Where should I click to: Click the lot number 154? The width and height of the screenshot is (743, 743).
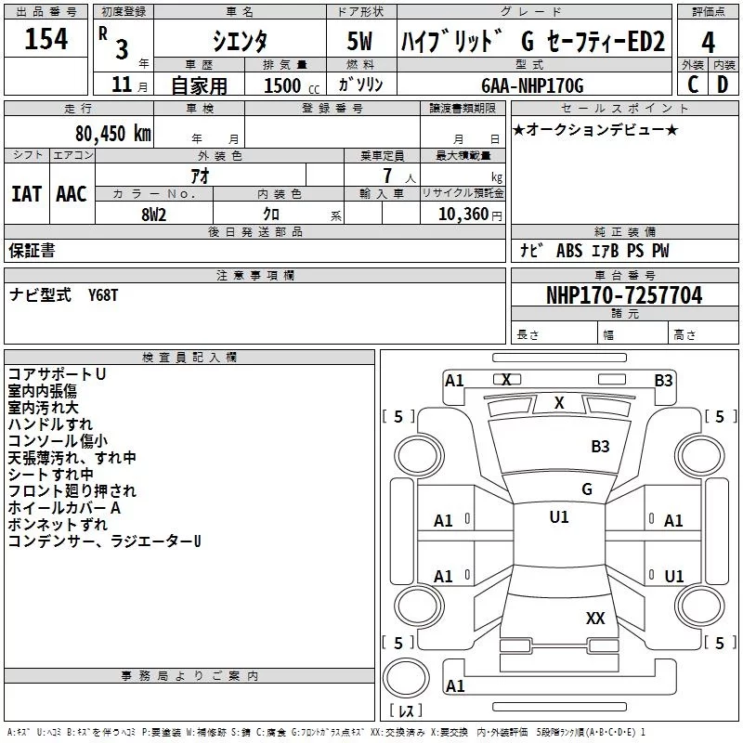pyautogui.click(x=46, y=39)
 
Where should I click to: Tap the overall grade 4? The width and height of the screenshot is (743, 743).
pyautogui.click(x=708, y=43)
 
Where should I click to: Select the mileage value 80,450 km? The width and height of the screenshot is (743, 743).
pyautogui.click(x=112, y=134)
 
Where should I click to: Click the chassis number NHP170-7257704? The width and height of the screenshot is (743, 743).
pyautogui.click(x=624, y=295)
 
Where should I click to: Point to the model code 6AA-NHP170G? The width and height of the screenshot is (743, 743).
pyautogui.click(x=532, y=85)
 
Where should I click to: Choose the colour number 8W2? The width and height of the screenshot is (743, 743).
pyautogui.click(x=153, y=215)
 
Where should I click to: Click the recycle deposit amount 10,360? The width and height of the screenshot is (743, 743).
pyautogui.click(x=463, y=215)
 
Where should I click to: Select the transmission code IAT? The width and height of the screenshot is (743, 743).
pyautogui.click(x=27, y=194)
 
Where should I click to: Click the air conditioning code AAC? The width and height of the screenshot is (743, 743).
pyautogui.click(x=72, y=194)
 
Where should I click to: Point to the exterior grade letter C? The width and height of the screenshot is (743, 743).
pyautogui.click(x=693, y=85)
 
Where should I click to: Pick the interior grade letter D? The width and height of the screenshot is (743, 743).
pyautogui.click(x=723, y=85)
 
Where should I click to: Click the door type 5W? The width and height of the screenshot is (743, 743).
pyautogui.click(x=359, y=41)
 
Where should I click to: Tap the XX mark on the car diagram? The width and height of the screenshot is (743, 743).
pyautogui.click(x=595, y=618)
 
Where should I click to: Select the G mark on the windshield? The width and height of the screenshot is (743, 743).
pyautogui.click(x=587, y=489)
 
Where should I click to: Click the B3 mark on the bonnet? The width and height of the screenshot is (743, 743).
pyautogui.click(x=600, y=447)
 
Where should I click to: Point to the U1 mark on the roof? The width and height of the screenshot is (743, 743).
pyautogui.click(x=559, y=517)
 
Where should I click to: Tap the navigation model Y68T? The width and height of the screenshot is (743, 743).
pyautogui.click(x=103, y=295)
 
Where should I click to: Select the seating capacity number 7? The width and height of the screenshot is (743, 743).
pyautogui.click(x=387, y=176)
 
